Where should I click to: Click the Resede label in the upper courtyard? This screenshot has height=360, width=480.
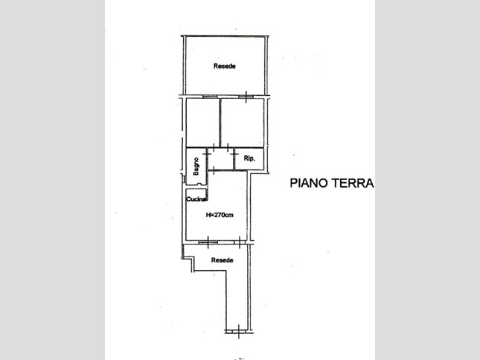[x=225, y=66]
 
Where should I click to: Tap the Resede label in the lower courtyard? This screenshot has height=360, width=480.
[x=223, y=260]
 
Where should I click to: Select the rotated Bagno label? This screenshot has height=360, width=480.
[x=196, y=167]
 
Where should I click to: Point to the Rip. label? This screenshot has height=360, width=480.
[x=249, y=158]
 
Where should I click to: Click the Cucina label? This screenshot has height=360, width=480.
[x=196, y=199]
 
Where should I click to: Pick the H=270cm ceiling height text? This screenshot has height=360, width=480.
[x=220, y=215]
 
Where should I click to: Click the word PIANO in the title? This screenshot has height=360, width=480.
[x=310, y=183]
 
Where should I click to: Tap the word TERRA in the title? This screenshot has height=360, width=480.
[x=353, y=183]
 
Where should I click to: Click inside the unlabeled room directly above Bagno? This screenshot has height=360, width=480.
[x=202, y=122]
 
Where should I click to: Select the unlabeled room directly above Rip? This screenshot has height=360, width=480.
[x=242, y=122]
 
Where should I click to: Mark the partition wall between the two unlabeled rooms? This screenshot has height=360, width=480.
[x=220, y=122]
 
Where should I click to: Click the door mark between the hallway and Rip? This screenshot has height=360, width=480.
[x=235, y=156]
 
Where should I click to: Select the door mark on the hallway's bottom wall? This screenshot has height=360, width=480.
[x=214, y=170]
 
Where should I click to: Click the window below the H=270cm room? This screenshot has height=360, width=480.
[x=208, y=242]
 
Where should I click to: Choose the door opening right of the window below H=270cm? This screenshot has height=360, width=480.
[x=240, y=242]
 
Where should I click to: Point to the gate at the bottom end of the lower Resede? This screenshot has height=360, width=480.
[x=238, y=332]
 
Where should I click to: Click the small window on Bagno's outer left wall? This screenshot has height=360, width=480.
[x=184, y=179]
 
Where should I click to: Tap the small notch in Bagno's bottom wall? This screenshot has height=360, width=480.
[x=199, y=184]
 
